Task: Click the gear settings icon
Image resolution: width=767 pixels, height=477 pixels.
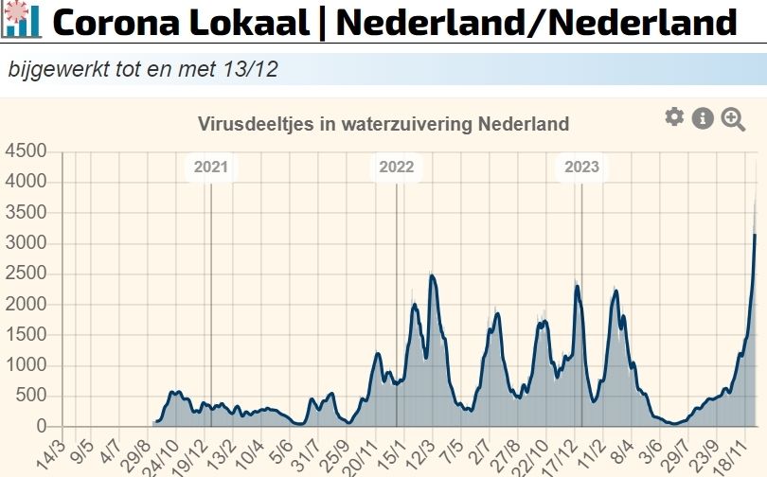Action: [674, 117]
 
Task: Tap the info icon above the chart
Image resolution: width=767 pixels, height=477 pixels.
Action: [703, 118]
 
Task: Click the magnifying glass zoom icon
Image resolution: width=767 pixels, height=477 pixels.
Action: [733, 119]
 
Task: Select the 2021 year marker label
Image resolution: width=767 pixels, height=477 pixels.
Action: [211, 168]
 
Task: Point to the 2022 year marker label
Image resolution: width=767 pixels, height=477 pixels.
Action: [397, 168]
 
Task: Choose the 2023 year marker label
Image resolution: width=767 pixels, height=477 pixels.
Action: [582, 168]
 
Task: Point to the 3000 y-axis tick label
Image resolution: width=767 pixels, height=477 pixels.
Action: [25, 244]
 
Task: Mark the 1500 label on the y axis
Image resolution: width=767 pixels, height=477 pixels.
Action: [25, 335]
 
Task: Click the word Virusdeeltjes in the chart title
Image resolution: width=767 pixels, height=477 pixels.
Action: [246, 124]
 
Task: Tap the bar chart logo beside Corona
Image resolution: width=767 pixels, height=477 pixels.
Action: [21, 20]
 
